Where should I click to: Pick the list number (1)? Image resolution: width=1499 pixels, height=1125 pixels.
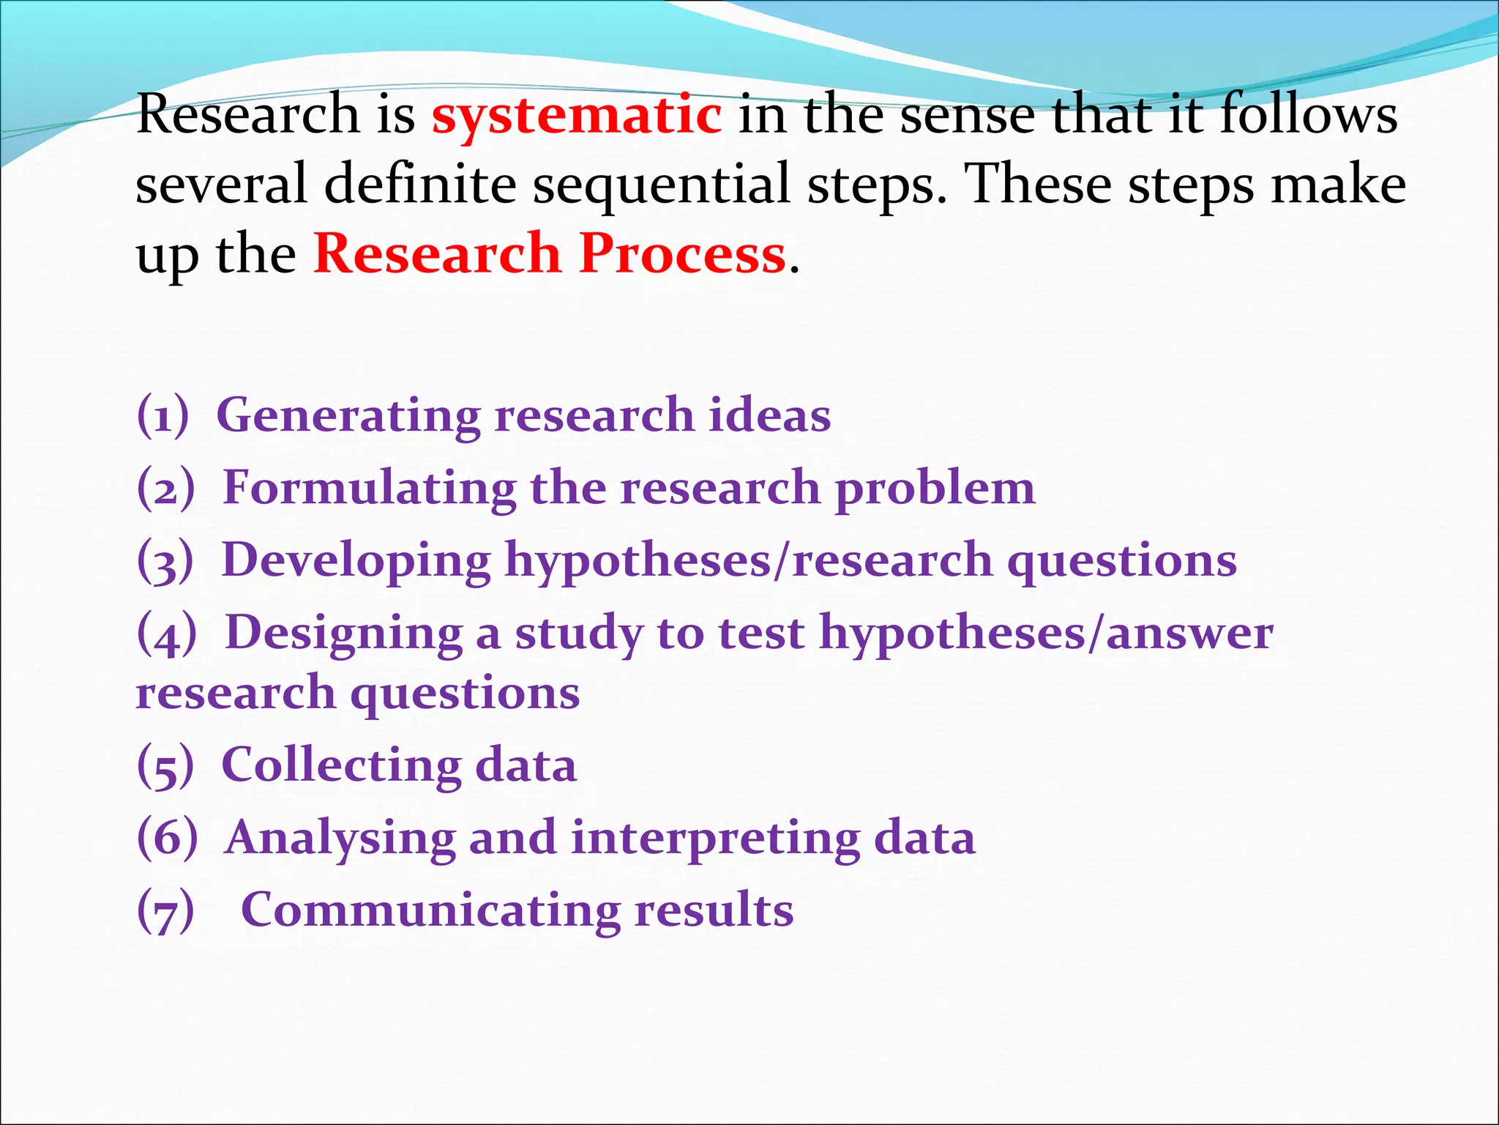point(162,415)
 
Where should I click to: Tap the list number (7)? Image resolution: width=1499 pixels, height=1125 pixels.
point(166,911)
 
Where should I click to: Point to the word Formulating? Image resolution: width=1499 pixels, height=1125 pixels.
point(369,489)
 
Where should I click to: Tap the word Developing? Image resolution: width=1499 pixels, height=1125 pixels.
point(356,562)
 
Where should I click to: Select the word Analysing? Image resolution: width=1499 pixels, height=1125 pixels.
point(340,839)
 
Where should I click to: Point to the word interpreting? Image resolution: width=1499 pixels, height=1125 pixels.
point(715,839)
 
